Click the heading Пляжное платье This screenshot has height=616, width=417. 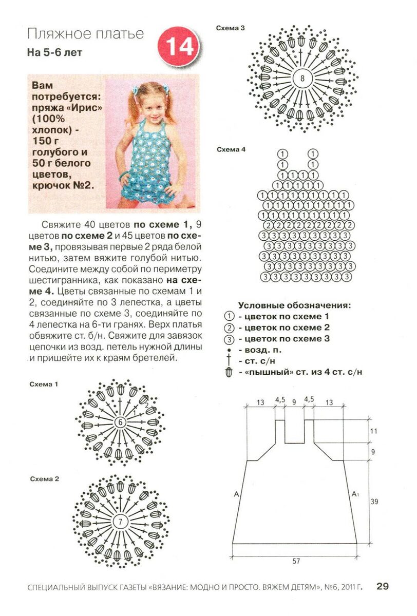tap(85, 34)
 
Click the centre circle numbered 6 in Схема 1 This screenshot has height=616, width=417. tap(120, 422)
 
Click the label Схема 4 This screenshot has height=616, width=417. tap(231, 149)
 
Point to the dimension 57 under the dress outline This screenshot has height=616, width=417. tap(296, 561)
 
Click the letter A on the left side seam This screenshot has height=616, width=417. tap(236, 494)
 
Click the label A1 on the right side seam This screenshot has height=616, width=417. tap(355, 494)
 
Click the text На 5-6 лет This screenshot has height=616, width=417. tap(54, 52)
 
